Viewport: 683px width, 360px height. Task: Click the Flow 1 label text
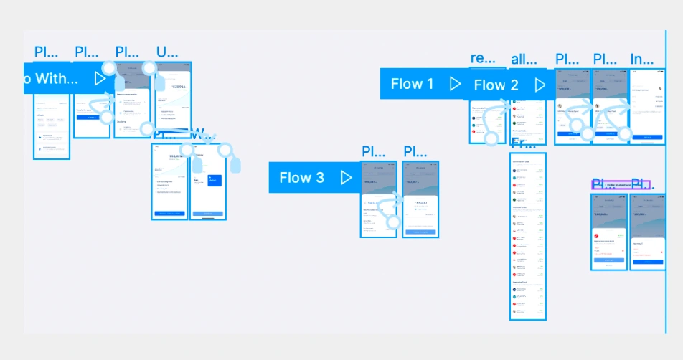[x=412, y=84]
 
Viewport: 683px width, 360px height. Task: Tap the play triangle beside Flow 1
[x=455, y=84]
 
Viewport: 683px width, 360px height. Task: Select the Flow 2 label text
[x=496, y=85]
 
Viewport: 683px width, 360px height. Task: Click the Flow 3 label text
[x=301, y=178]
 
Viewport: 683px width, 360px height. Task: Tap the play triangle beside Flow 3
[x=347, y=178]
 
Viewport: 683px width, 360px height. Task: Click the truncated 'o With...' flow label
[x=50, y=78]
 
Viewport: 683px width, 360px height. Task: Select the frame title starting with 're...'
[x=478, y=58]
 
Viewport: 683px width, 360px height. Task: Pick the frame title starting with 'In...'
[x=641, y=59]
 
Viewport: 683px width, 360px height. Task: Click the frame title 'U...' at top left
[x=166, y=52]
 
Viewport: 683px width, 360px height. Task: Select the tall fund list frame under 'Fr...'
[x=528, y=237]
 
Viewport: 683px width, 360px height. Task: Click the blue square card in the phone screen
[x=215, y=181]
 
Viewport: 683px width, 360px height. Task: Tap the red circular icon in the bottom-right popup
[x=597, y=235]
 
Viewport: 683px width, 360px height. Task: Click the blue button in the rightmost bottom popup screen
[x=648, y=261]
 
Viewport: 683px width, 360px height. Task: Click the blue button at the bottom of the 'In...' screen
[x=647, y=136]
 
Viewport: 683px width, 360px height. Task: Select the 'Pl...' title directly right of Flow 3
[x=374, y=151]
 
